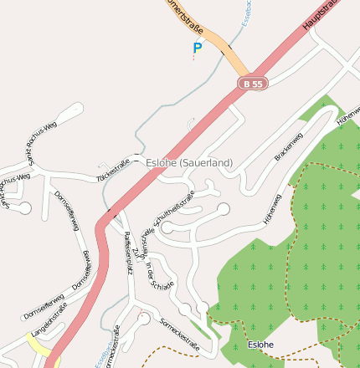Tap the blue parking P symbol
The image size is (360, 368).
pyautogui.click(x=198, y=49)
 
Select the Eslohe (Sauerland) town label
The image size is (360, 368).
pyautogui.click(x=189, y=162)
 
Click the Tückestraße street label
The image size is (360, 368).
pyautogui.click(x=113, y=170)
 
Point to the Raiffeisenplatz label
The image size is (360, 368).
pyautogui.click(x=128, y=251)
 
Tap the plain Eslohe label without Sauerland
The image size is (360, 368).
pyautogui.click(x=261, y=345)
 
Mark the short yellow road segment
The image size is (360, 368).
pyautogui.click(x=38, y=345)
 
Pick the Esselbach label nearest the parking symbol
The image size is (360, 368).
pyautogui.click(x=244, y=12)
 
